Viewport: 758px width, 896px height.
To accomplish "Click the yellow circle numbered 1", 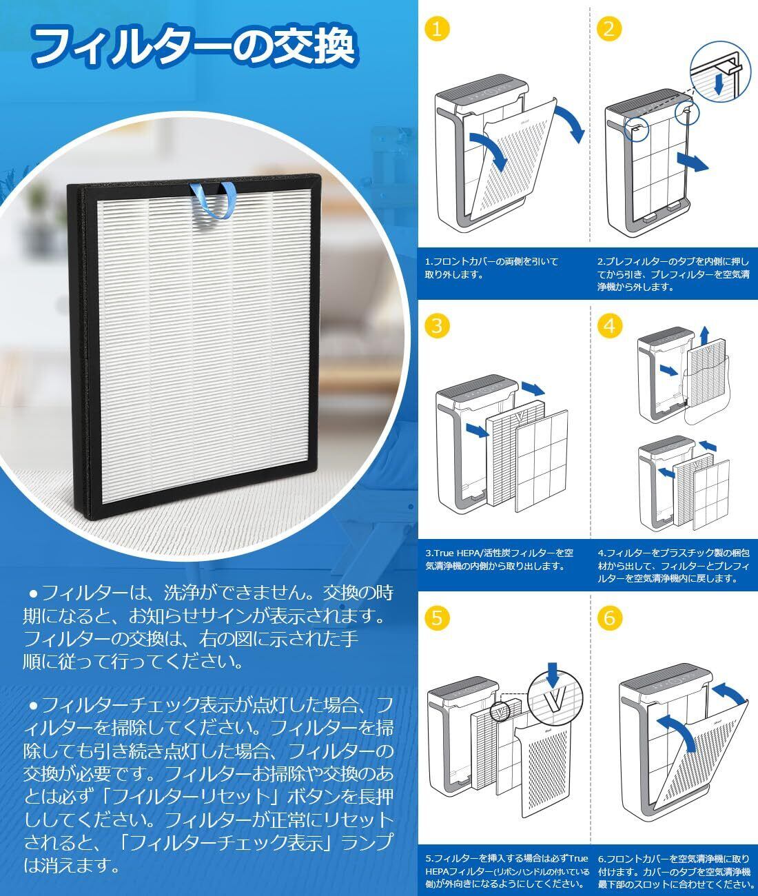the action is pyautogui.click(x=437, y=29).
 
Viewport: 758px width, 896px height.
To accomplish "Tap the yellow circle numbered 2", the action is pyautogui.click(x=609, y=29).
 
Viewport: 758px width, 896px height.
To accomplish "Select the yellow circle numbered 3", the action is pyautogui.click(x=437, y=325).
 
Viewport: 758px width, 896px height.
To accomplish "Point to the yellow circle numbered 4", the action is pyautogui.click(x=609, y=325).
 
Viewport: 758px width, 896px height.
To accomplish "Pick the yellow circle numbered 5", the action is pyautogui.click(x=437, y=618).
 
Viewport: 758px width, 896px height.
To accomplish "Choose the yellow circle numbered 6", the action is pyautogui.click(x=609, y=618).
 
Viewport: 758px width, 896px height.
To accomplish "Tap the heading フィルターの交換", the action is pyautogui.click(x=194, y=46).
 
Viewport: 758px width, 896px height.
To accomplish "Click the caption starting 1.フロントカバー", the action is pyautogui.click(x=491, y=268).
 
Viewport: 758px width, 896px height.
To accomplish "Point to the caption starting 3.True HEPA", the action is pyautogui.click(x=500, y=559).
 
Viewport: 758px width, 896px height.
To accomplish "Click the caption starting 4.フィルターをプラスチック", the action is pyautogui.click(x=674, y=565).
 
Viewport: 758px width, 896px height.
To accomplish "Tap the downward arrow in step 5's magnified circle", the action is pyautogui.click(x=553, y=675).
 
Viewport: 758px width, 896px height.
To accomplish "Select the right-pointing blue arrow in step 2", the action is pyautogui.click(x=693, y=162).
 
